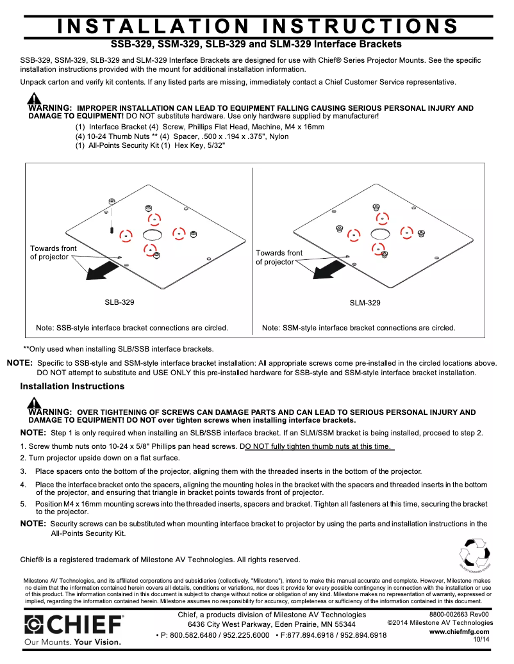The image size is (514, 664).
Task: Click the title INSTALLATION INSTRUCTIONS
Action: (258, 26)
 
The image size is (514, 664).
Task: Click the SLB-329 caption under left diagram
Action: (119, 302)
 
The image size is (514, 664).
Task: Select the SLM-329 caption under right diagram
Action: (365, 303)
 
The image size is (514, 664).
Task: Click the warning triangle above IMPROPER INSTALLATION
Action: (34, 99)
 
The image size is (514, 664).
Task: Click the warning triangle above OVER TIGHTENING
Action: (34, 403)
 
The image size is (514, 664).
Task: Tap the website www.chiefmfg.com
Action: (459, 631)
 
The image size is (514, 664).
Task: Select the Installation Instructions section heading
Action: (72, 386)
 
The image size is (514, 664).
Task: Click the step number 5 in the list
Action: (22, 505)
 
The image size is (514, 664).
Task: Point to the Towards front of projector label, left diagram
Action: (53, 253)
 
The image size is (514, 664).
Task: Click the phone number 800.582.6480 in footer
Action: (192, 635)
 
